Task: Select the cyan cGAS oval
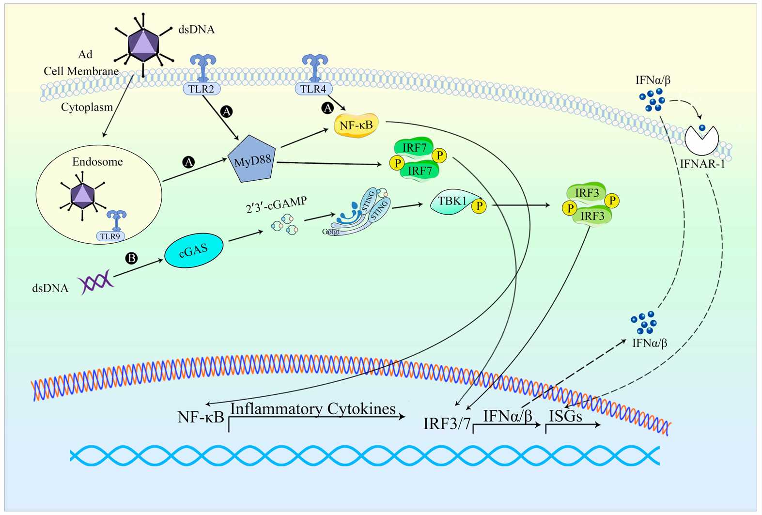click(194, 250)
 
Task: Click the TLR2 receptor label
click(201, 89)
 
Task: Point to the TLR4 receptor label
click(313, 89)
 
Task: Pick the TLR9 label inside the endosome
click(110, 236)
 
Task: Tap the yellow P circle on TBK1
click(479, 206)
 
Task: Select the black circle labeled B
click(131, 258)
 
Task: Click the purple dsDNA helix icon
click(95, 282)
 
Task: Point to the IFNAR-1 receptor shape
click(702, 140)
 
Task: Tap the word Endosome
click(97, 162)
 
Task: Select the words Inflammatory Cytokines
click(312, 409)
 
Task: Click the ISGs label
click(565, 416)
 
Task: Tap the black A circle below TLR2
click(226, 111)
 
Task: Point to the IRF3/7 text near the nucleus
click(447, 423)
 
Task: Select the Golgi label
click(331, 232)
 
